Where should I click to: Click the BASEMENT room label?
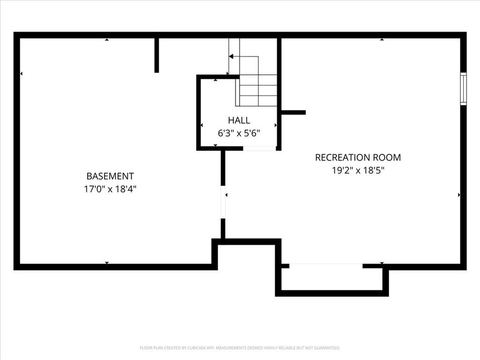[x=110, y=176]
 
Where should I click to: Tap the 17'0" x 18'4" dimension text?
[x=110, y=189]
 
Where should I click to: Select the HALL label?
[x=239, y=120]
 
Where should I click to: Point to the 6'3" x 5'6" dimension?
[x=239, y=133]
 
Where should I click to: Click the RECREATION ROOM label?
[x=358, y=157]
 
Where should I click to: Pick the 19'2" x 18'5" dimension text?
[x=358, y=170]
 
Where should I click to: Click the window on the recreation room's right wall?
[x=464, y=89]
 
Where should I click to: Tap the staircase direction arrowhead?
[x=231, y=57]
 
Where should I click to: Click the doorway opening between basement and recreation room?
[x=223, y=202]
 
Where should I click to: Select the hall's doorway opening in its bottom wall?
[x=260, y=149]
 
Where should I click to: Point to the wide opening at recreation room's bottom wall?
[x=326, y=266]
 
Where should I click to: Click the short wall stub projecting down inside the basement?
[x=157, y=55]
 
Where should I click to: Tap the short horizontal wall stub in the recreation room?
[x=293, y=112]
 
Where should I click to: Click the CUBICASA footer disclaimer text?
[x=240, y=348]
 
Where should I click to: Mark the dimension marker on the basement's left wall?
[x=21, y=74]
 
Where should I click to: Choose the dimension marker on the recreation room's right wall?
[x=459, y=195]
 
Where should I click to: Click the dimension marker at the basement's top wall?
[x=106, y=39]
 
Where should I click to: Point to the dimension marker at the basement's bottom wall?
[x=106, y=263]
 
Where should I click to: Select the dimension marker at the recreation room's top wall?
[x=382, y=39]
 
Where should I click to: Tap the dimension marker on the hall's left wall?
[x=202, y=125]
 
